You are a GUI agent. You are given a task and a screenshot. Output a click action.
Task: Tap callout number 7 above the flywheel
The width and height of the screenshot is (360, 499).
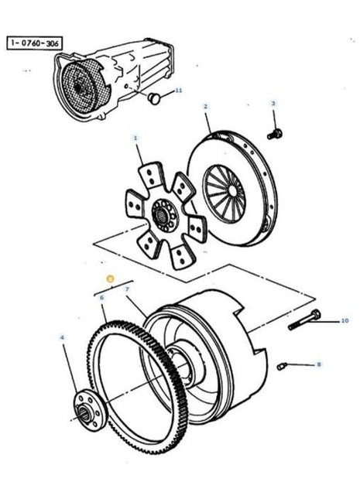[126, 289]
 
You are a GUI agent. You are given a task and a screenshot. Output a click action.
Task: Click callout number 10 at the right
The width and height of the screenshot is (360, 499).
[324, 320]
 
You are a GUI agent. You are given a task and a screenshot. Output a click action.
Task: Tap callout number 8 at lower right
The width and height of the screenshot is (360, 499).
[317, 364]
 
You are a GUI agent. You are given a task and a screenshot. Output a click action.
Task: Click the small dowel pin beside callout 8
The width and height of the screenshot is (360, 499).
[284, 364]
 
